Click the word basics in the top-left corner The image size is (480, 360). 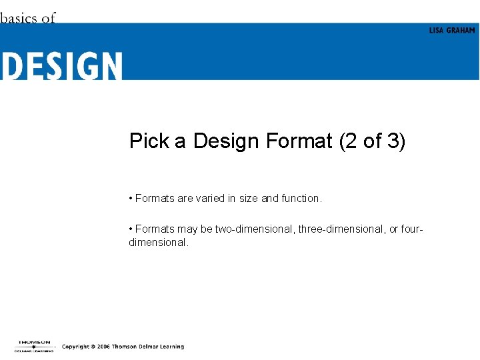point(19,18)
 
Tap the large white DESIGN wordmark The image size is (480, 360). point(61,67)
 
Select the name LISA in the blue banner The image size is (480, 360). point(436,31)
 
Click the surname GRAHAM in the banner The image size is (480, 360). point(461,31)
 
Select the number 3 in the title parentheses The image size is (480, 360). point(391,141)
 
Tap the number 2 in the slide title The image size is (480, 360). point(352,141)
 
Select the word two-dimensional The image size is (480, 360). point(254,229)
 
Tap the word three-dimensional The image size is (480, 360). point(342,229)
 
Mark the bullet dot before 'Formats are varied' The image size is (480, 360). point(131,199)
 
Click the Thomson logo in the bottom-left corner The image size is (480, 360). point(33,346)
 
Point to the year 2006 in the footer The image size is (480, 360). point(101,347)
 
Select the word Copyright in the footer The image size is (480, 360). point(76,347)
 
